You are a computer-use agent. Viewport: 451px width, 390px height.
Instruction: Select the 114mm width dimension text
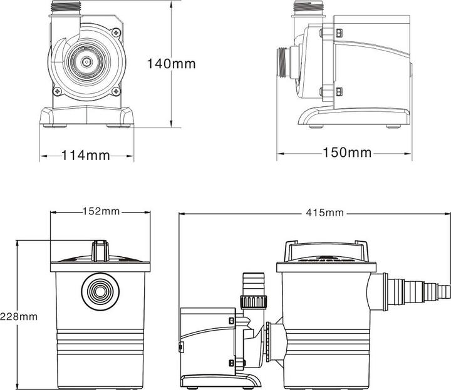85,155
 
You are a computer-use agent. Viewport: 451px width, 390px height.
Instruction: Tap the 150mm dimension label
346,152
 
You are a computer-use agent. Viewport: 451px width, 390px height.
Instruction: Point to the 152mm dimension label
101,211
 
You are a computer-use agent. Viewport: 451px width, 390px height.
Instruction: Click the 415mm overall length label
325,212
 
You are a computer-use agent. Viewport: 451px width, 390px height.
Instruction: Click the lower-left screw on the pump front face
58,92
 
